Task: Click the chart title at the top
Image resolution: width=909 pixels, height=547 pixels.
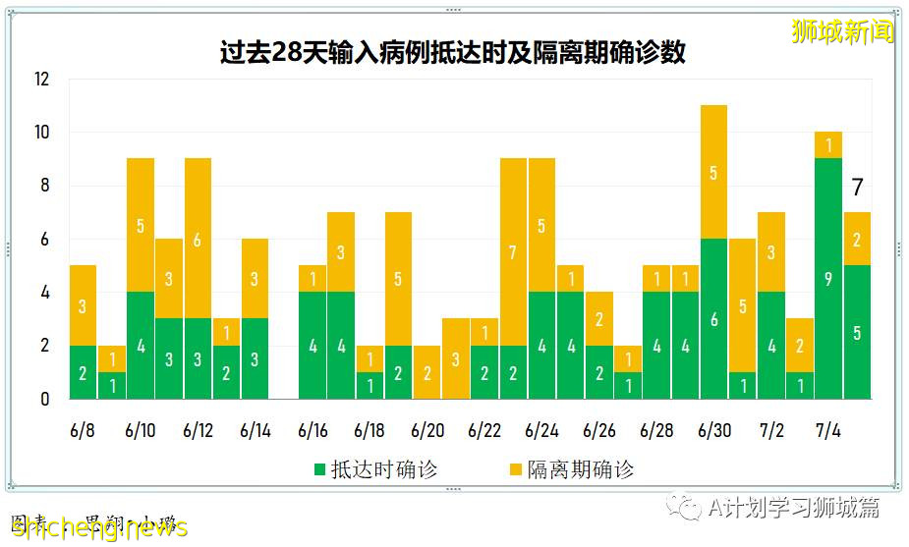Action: (x=453, y=53)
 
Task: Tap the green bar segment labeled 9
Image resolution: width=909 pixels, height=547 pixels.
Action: (x=828, y=279)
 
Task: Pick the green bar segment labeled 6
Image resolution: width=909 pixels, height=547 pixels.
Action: (x=713, y=319)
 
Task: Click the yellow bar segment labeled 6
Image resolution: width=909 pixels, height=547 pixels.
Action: (x=198, y=239)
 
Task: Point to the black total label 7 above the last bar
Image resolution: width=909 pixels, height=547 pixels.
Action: (x=857, y=188)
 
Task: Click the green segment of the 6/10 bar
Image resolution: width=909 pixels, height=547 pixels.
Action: (x=141, y=346)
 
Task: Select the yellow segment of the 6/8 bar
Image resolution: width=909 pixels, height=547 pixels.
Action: (x=83, y=305)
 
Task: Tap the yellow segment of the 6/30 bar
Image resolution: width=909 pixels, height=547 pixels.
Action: (x=713, y=173)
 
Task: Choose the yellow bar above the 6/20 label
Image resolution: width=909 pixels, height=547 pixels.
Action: (x=427, y=372)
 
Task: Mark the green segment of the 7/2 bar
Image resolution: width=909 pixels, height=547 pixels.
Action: (x=771, y=346)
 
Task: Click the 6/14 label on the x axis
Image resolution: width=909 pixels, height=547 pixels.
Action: (x=255, y=431)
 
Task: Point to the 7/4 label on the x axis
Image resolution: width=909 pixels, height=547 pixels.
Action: (x=828, y=431)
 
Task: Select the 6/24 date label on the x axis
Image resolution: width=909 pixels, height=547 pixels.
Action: (x=541, y=431)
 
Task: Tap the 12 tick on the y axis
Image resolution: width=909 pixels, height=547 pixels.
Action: (x=41, y=80)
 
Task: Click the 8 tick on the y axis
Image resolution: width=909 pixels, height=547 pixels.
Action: (x=44, y=186)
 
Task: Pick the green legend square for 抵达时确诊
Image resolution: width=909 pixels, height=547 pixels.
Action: (x=319, y=469)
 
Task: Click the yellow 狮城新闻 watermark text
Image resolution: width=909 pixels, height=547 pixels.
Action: (x=842, y=31)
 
